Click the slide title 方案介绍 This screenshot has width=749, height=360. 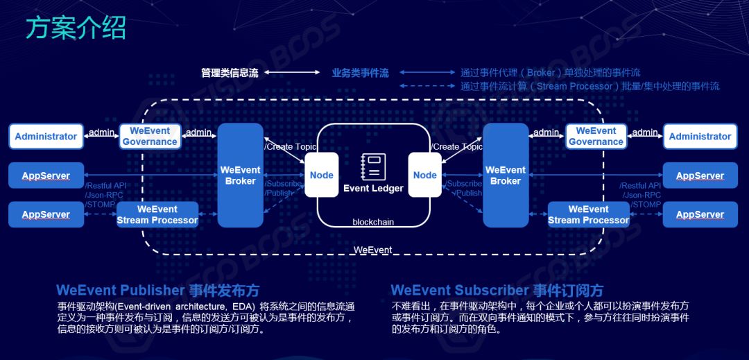(76, 28)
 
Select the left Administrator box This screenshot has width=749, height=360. (46, 136)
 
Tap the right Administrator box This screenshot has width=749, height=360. (700, 136)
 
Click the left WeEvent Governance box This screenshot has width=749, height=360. (150, 136)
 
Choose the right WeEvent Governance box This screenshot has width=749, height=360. (596, 136)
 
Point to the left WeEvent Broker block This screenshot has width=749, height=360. (241, 175)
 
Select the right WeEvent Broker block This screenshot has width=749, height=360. (506, 175)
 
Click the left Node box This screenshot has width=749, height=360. (321, 175)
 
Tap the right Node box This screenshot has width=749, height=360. (424, 175)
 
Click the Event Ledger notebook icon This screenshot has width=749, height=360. (373, 167)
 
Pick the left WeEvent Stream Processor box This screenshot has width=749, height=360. (157, 214)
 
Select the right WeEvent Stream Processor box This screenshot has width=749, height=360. (588, 214)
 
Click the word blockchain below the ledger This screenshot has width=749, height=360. (373, 222)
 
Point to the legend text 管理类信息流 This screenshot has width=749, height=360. (230, 73)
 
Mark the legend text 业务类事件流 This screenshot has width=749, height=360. (360, 73)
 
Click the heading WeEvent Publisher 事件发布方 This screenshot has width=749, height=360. (157, 290)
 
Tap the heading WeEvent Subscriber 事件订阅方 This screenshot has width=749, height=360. (497, 290)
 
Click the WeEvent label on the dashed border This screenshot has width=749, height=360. (372, 250)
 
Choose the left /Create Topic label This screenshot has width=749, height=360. (291, 146)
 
